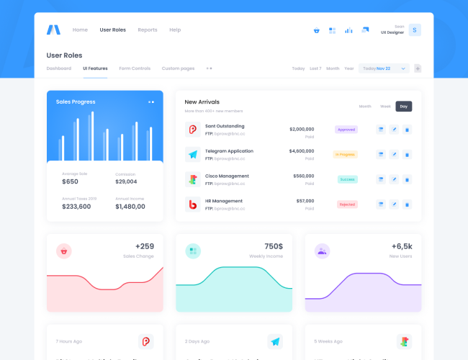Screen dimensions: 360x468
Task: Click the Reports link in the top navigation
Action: coord(147,30)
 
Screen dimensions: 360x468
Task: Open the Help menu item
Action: coord(175,30)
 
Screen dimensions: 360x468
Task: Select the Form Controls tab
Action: coord(135,68)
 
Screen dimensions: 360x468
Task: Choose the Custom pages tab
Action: coord(178,68)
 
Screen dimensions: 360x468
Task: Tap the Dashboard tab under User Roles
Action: coord(59,68)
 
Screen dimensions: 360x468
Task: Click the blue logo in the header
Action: coord(53,30)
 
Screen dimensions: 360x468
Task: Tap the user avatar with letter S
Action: coord(415,30)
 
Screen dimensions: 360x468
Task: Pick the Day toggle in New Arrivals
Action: coord(403,107)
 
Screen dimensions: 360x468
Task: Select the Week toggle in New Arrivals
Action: coord(385,107)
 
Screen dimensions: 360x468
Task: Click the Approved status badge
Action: coord(346,130)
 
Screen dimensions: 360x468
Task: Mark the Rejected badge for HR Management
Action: coord(347,204)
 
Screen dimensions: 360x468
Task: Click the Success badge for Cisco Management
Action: coord(347,179)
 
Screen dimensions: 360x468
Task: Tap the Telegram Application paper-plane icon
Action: coord(192,154)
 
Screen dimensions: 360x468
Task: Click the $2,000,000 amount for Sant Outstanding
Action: coord(302,130)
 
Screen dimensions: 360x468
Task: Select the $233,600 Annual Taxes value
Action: coord(76,207)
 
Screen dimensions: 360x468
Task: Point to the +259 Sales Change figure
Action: coord(144,246)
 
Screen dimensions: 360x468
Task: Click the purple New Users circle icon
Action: coord(322,251)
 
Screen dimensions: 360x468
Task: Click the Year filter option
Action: coord(349,68)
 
